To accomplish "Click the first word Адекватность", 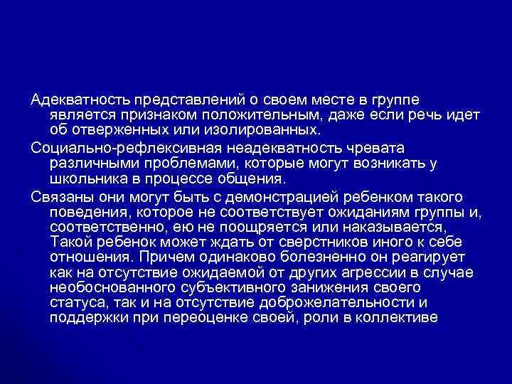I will point(70,99).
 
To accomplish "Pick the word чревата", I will point(376,147).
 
